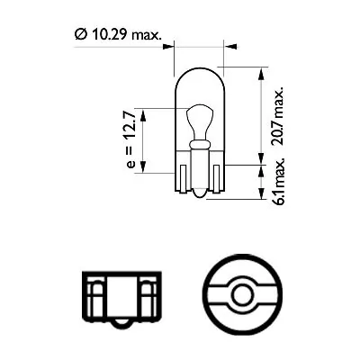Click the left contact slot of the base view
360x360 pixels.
click(x=95, y=291)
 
